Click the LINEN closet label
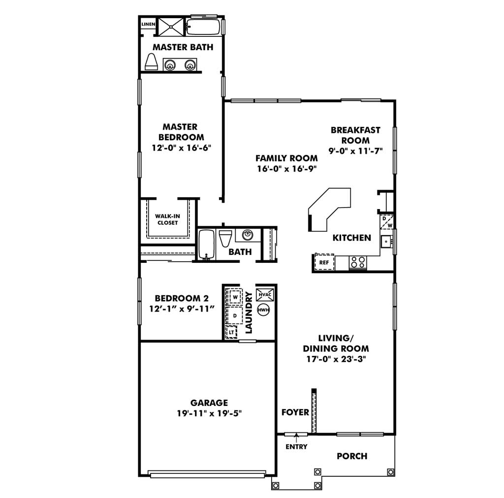[148, 24]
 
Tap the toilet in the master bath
[151, 62]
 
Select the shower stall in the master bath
[171, 27]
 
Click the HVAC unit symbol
[265, 295]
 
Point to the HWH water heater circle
[264, 310]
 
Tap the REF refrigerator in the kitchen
[324, 262]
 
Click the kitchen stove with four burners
[358, 262]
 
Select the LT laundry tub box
[231, 333]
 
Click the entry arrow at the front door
[296, 437]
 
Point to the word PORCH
[352, 456]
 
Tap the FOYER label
[295, 412]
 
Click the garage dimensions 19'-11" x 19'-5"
[209, 413]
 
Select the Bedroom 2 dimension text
[182, 309]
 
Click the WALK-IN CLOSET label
[167, 219]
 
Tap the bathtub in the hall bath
[206, 245]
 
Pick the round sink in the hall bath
[248, 235]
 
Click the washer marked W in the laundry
[235, 297]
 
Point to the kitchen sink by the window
[386, 241]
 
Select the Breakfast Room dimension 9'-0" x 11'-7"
[355, 151]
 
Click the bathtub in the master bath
[203, 27]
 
